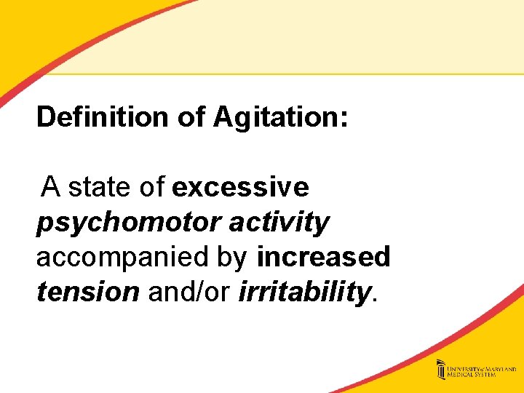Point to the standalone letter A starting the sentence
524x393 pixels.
50,187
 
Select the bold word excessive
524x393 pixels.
240,187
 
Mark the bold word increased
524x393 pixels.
324,257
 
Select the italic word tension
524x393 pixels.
87,292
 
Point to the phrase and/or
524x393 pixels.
189,292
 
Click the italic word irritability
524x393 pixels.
304,292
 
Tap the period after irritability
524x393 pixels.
375,298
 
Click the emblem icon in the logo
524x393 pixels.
441,370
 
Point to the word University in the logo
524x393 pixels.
465,366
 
